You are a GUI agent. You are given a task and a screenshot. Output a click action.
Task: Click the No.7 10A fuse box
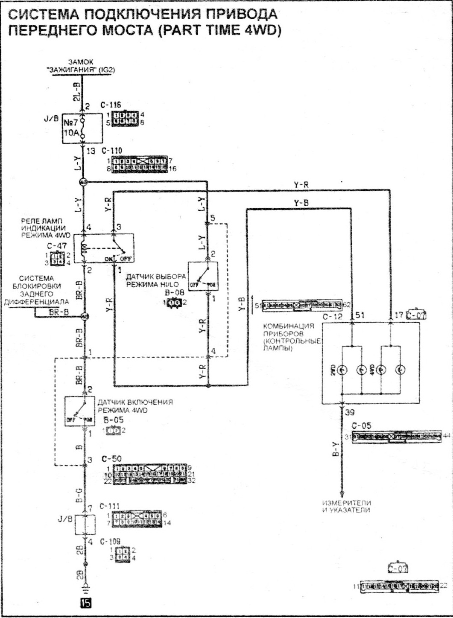[82, 128]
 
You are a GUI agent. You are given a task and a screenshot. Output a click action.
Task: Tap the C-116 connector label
[111, 105]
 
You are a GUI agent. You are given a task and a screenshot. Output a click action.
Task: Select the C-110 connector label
[111, 151]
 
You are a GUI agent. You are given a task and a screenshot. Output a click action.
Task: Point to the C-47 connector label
[57, 246]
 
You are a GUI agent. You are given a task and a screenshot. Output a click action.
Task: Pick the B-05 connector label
[114, 420]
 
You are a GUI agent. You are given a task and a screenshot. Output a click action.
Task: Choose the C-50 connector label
[111, 459]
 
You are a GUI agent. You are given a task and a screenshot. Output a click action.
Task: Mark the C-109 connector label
[110, 541]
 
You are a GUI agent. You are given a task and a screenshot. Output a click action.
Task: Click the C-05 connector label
[362, 426]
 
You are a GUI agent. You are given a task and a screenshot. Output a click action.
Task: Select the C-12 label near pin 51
[333, 317]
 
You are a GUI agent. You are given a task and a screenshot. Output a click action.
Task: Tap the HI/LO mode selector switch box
[203, 276]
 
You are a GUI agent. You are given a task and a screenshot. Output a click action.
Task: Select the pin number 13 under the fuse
[91, 151]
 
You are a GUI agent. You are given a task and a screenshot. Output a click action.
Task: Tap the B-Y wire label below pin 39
[336, 449]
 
